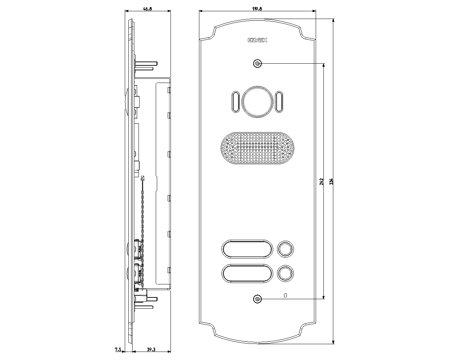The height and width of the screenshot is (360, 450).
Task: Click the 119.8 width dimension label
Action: (x=257, y=8)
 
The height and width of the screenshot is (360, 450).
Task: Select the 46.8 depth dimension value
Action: (x=147, y=9)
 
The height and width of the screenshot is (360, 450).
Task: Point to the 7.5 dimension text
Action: (x=118, y=349)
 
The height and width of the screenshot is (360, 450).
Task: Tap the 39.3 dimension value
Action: (x=151, y=349)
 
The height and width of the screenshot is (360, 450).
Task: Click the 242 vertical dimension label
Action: (x=322, y=181)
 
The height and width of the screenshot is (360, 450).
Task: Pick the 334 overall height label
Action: (x=331, y=181)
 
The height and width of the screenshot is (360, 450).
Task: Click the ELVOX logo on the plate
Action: (x=257, y=40)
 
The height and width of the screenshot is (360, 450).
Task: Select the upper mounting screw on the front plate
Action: (x=257, y=63)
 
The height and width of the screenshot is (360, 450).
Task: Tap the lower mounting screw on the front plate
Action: (x=257, y=299)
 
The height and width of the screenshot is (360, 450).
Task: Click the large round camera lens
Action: (x=257, y=102)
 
